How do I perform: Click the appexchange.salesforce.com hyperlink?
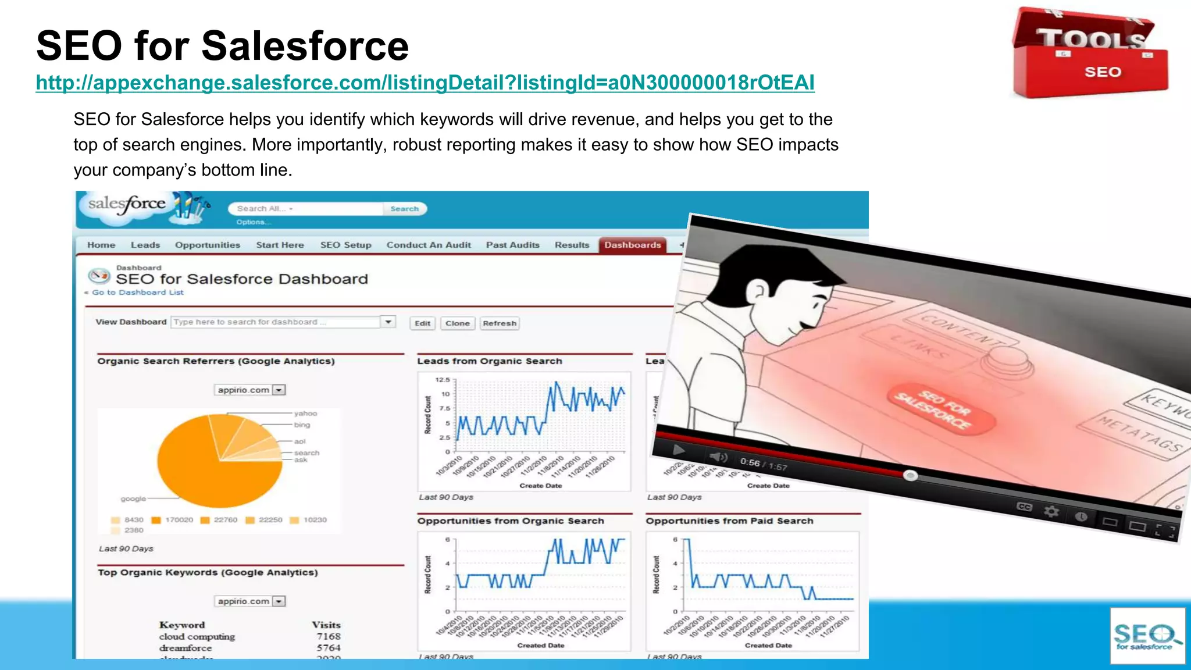click(425, 83)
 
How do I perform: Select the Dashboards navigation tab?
click(632, 245)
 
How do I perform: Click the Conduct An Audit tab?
click(429, 245)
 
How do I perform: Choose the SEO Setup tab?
click(345, 245)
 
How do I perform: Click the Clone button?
click(457, 323)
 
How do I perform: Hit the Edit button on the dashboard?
click(423, 323)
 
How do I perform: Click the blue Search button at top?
click(404, 209)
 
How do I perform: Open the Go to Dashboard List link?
click(137, 293)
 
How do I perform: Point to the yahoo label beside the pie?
click(305, 414)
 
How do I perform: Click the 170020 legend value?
click(179, 520)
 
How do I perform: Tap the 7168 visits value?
click(329, 636)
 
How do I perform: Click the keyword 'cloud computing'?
click(197, 636)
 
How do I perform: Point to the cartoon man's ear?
click(758, 289)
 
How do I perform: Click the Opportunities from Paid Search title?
click(729, 521)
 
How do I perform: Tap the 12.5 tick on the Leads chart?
click(443, 380)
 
